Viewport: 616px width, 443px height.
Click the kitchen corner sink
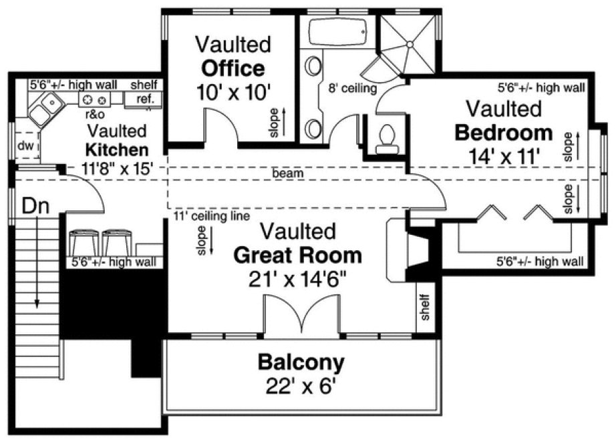(47, 107)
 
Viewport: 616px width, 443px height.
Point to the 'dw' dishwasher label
(25, 145)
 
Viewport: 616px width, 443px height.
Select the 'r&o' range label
(93, 114)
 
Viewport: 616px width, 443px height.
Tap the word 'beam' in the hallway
(288, 173)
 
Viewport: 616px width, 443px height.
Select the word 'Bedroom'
(503, 133)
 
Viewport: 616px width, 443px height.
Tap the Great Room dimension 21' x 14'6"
(298, 279)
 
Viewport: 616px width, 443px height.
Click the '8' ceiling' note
(352, 87)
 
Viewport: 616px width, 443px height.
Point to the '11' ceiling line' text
(212, 216)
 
